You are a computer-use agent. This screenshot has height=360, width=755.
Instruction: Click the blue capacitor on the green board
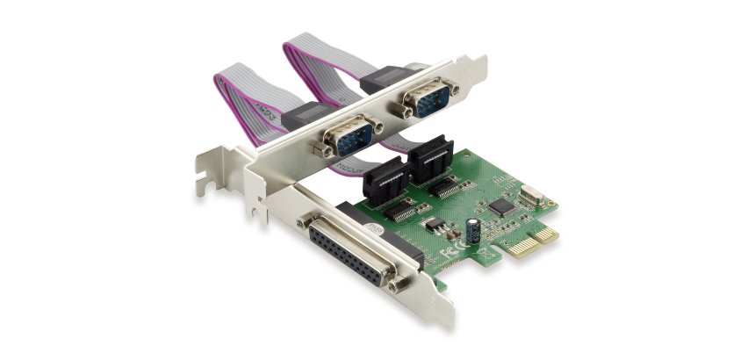(x=475, y=231)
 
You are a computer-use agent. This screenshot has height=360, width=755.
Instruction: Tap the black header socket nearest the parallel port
(x=384, y=180)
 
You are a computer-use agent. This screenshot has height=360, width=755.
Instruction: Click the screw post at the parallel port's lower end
(x=400, y=283)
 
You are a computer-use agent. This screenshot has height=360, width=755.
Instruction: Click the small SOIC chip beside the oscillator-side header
(x=452, y=187)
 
